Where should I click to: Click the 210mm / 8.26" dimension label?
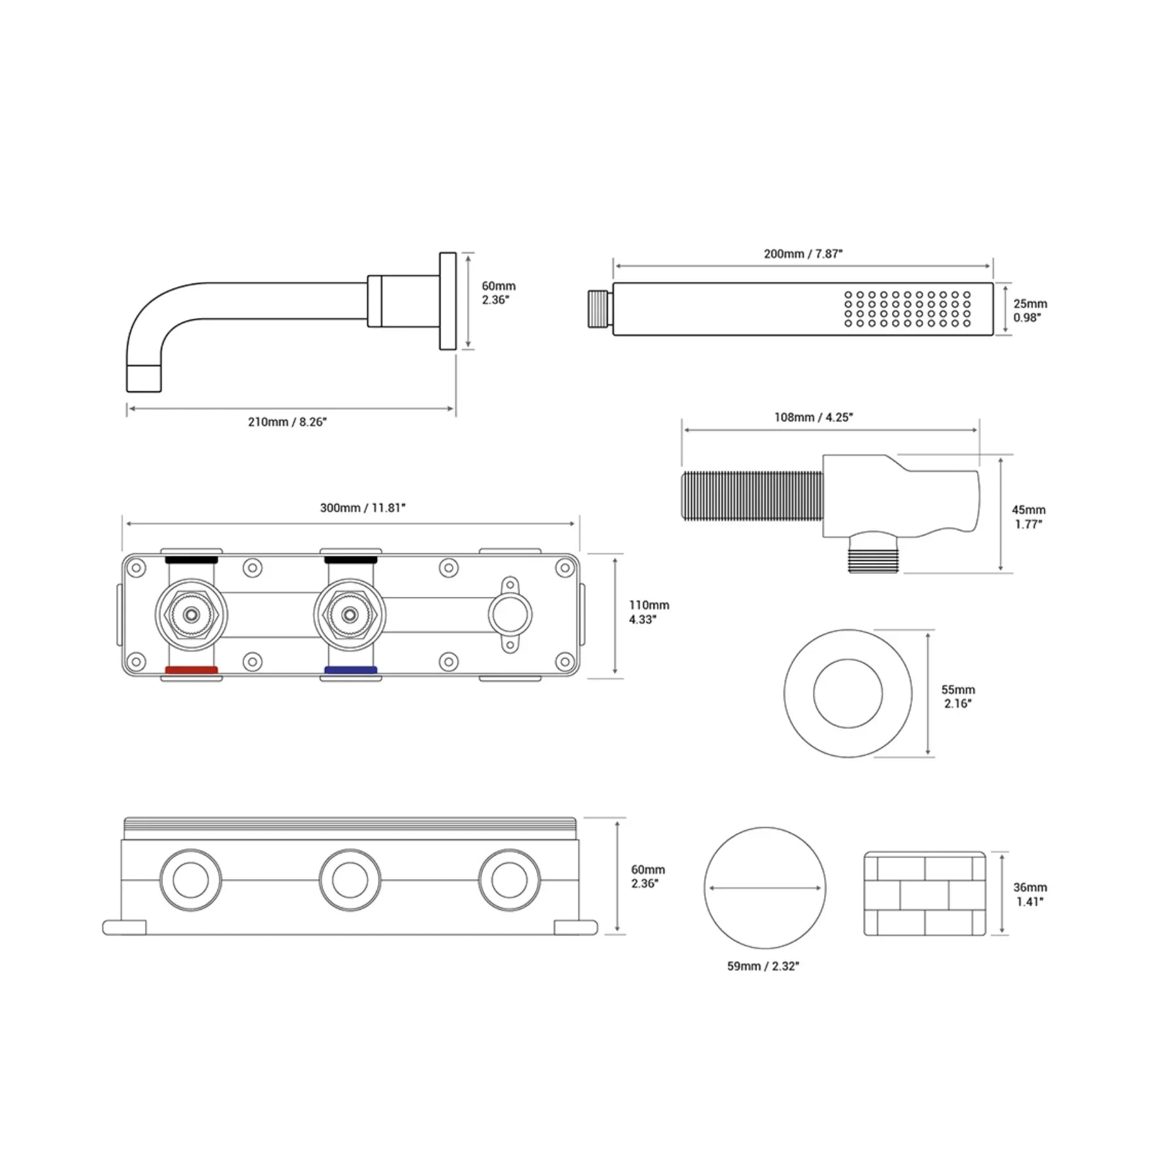click(287, 422)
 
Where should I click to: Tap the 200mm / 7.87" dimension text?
click(803, 254)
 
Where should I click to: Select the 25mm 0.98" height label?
click(1030, 311)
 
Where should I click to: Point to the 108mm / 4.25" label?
click(814, 417)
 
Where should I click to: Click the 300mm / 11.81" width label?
click(363, 508)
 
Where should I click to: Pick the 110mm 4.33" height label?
click(648, 612)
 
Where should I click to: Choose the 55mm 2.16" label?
click(958, 696)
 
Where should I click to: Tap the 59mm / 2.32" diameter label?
click(763, 966)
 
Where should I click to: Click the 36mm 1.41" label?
click(1030, 895)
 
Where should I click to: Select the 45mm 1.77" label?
click(1029, 517)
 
